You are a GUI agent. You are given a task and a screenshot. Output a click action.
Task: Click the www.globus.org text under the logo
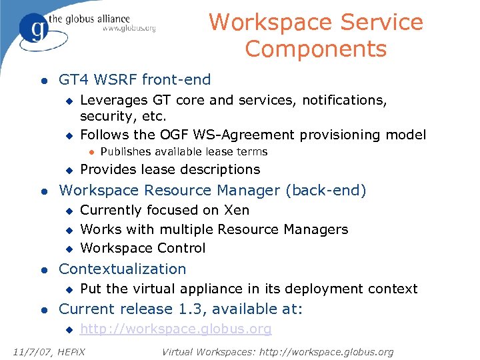point(129,29)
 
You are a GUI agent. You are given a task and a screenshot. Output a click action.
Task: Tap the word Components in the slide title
point(315,49)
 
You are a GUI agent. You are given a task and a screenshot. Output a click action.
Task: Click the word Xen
point(237,211)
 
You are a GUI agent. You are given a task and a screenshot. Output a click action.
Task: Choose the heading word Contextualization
point(123,269)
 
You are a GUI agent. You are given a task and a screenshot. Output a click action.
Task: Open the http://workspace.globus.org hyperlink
point(176,329)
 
